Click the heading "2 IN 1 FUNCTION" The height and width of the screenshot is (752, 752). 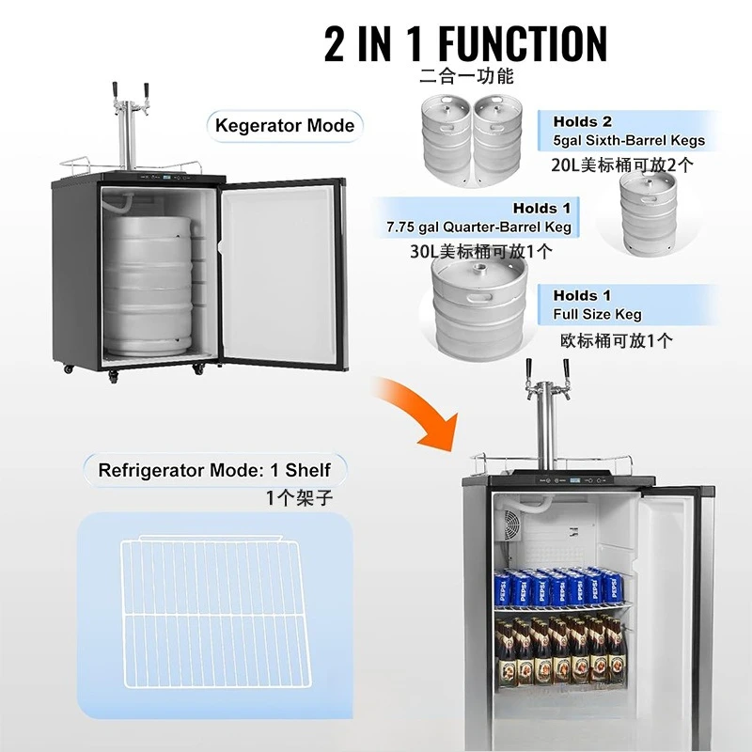[465, 43]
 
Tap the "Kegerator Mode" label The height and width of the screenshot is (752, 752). [285, 125]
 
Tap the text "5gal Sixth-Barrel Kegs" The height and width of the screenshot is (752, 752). [629, 141]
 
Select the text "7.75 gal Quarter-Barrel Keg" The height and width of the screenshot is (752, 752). [477, 227]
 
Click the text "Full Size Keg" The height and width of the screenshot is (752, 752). [597, 314]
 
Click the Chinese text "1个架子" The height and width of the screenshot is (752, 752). [298, 498]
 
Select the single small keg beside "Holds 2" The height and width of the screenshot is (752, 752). [648, 212]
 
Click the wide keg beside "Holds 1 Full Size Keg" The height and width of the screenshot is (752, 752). [478, 303]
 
